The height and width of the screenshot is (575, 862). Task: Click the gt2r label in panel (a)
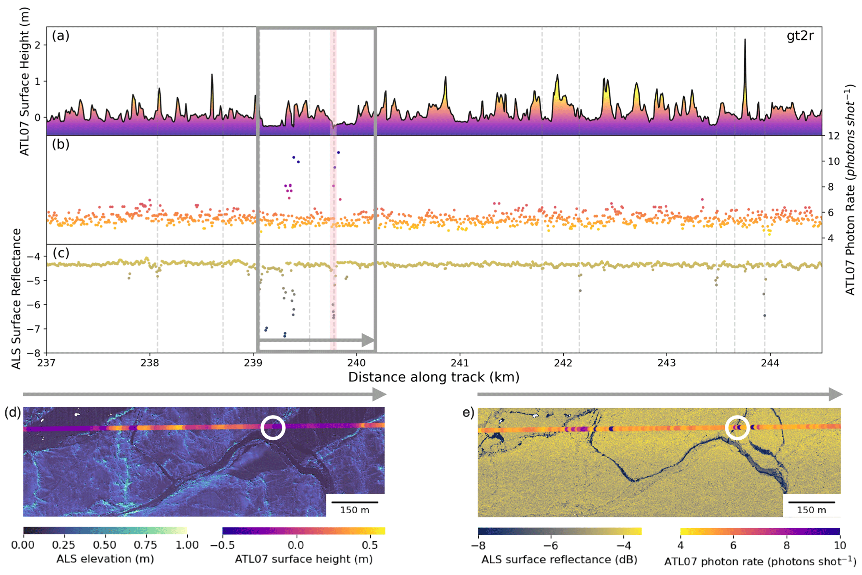click(800, 36)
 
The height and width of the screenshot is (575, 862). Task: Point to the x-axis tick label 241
click(460, 363)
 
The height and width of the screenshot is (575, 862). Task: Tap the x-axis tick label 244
click(770, 363)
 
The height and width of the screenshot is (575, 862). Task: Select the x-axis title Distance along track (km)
click(434, 377)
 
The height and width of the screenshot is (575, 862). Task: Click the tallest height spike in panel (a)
click(745, 40)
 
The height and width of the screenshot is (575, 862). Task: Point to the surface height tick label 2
click(38, 45)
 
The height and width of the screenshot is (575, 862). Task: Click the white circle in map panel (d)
click(273, 428)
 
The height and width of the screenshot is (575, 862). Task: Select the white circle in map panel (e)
click(737, 428)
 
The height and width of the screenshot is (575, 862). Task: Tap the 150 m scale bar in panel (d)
click(354, 502)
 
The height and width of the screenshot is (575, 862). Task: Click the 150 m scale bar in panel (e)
click(812, 502)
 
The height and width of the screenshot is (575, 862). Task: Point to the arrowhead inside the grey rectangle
click(368, 340)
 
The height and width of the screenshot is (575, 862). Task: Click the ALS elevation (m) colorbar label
click(105, 559)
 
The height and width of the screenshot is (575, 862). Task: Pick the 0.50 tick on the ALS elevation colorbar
click(105, 545)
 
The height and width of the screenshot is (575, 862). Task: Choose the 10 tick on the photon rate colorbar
click(839, 545)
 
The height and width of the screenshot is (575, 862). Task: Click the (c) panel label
click(61, 253)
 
